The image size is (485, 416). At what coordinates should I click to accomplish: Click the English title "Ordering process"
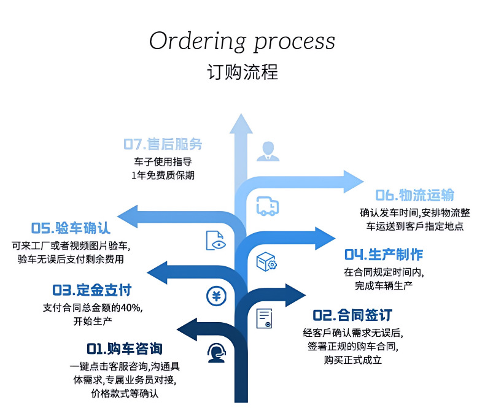(x=242, y=42)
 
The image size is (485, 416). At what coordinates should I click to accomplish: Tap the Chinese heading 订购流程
(x=242, y=71)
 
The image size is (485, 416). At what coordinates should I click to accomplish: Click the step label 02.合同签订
(x=352, y=315)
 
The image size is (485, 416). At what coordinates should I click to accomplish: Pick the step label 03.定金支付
(x=91, y=290)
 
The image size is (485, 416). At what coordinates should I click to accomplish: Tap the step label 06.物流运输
(x=415, y=195)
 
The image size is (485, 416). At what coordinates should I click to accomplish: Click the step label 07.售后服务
(x=163, y=145)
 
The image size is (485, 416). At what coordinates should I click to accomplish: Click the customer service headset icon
(x=215, y=353)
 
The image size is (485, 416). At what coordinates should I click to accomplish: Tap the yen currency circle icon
(x=215, y=296)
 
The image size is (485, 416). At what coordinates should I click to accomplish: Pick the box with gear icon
(x=266, y=261)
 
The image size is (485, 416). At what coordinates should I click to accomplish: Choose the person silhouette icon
(x=267, y=151)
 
